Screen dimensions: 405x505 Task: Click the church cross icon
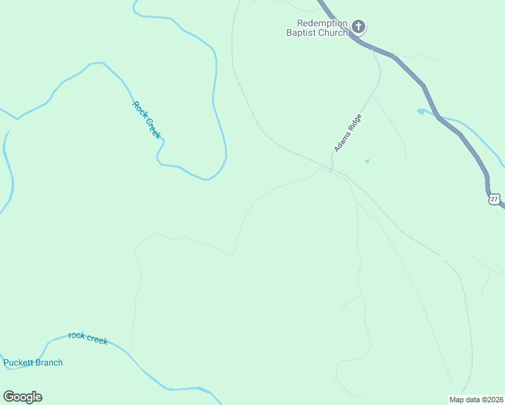click(x=358, y=28)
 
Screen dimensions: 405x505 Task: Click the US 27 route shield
click(x=494, y=199)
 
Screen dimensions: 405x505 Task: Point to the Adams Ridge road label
click(x=348, y=132)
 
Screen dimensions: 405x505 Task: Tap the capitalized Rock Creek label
click(x=147, y=119)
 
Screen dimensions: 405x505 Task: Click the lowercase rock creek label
click(x=88, y=337)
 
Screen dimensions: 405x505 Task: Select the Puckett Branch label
click(x=33, y=362)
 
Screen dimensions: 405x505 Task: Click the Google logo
click(x=22, y=397)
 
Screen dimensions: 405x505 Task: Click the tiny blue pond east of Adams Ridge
click(x=367, y=161)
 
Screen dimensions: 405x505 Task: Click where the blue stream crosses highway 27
click(x=433, y=111)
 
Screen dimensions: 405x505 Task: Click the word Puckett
click(x=18, y=362)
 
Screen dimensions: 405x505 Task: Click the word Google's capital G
click(x=9, y=397)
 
